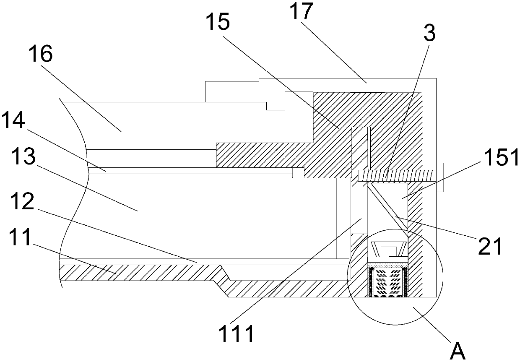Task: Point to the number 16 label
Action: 41,55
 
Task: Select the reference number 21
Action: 489,247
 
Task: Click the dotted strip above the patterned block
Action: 387,264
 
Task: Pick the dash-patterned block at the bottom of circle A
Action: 387,281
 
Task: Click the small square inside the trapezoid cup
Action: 387,251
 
